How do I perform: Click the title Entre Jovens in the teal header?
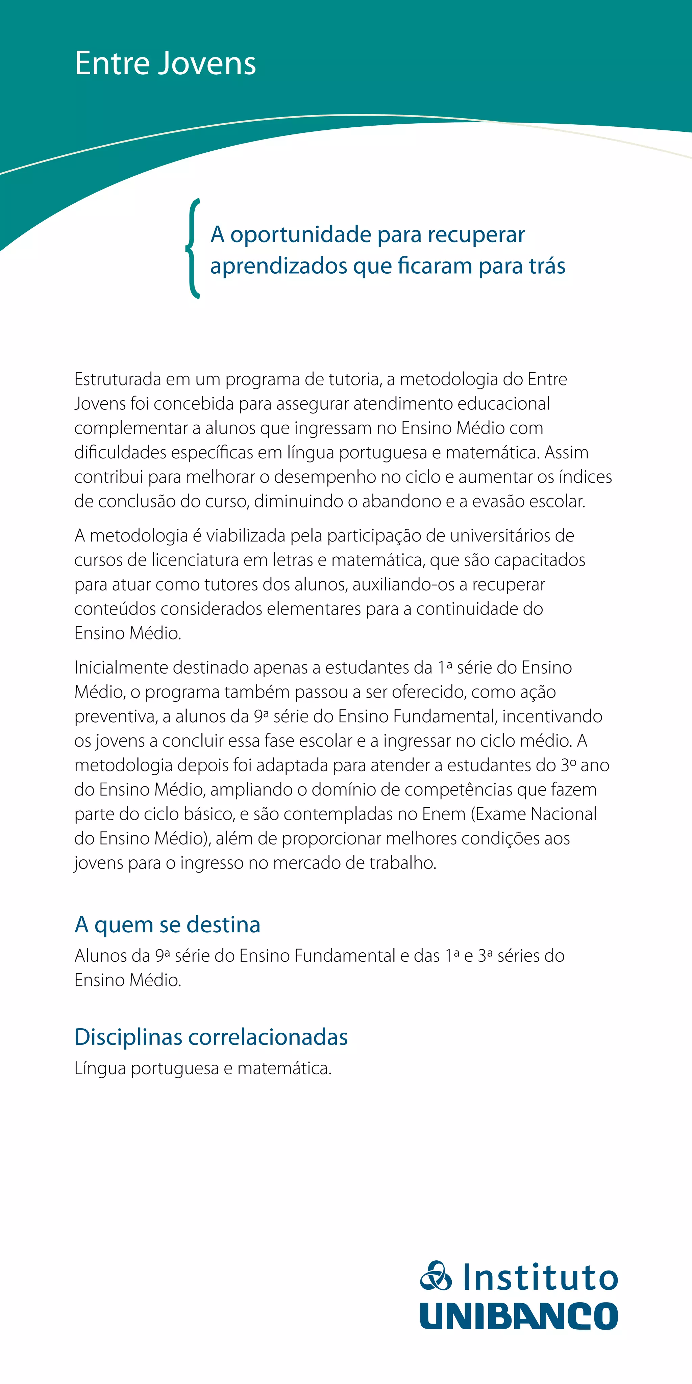165,64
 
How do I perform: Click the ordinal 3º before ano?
568,765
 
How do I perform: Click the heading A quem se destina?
167,925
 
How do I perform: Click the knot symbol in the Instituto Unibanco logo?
436,1276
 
